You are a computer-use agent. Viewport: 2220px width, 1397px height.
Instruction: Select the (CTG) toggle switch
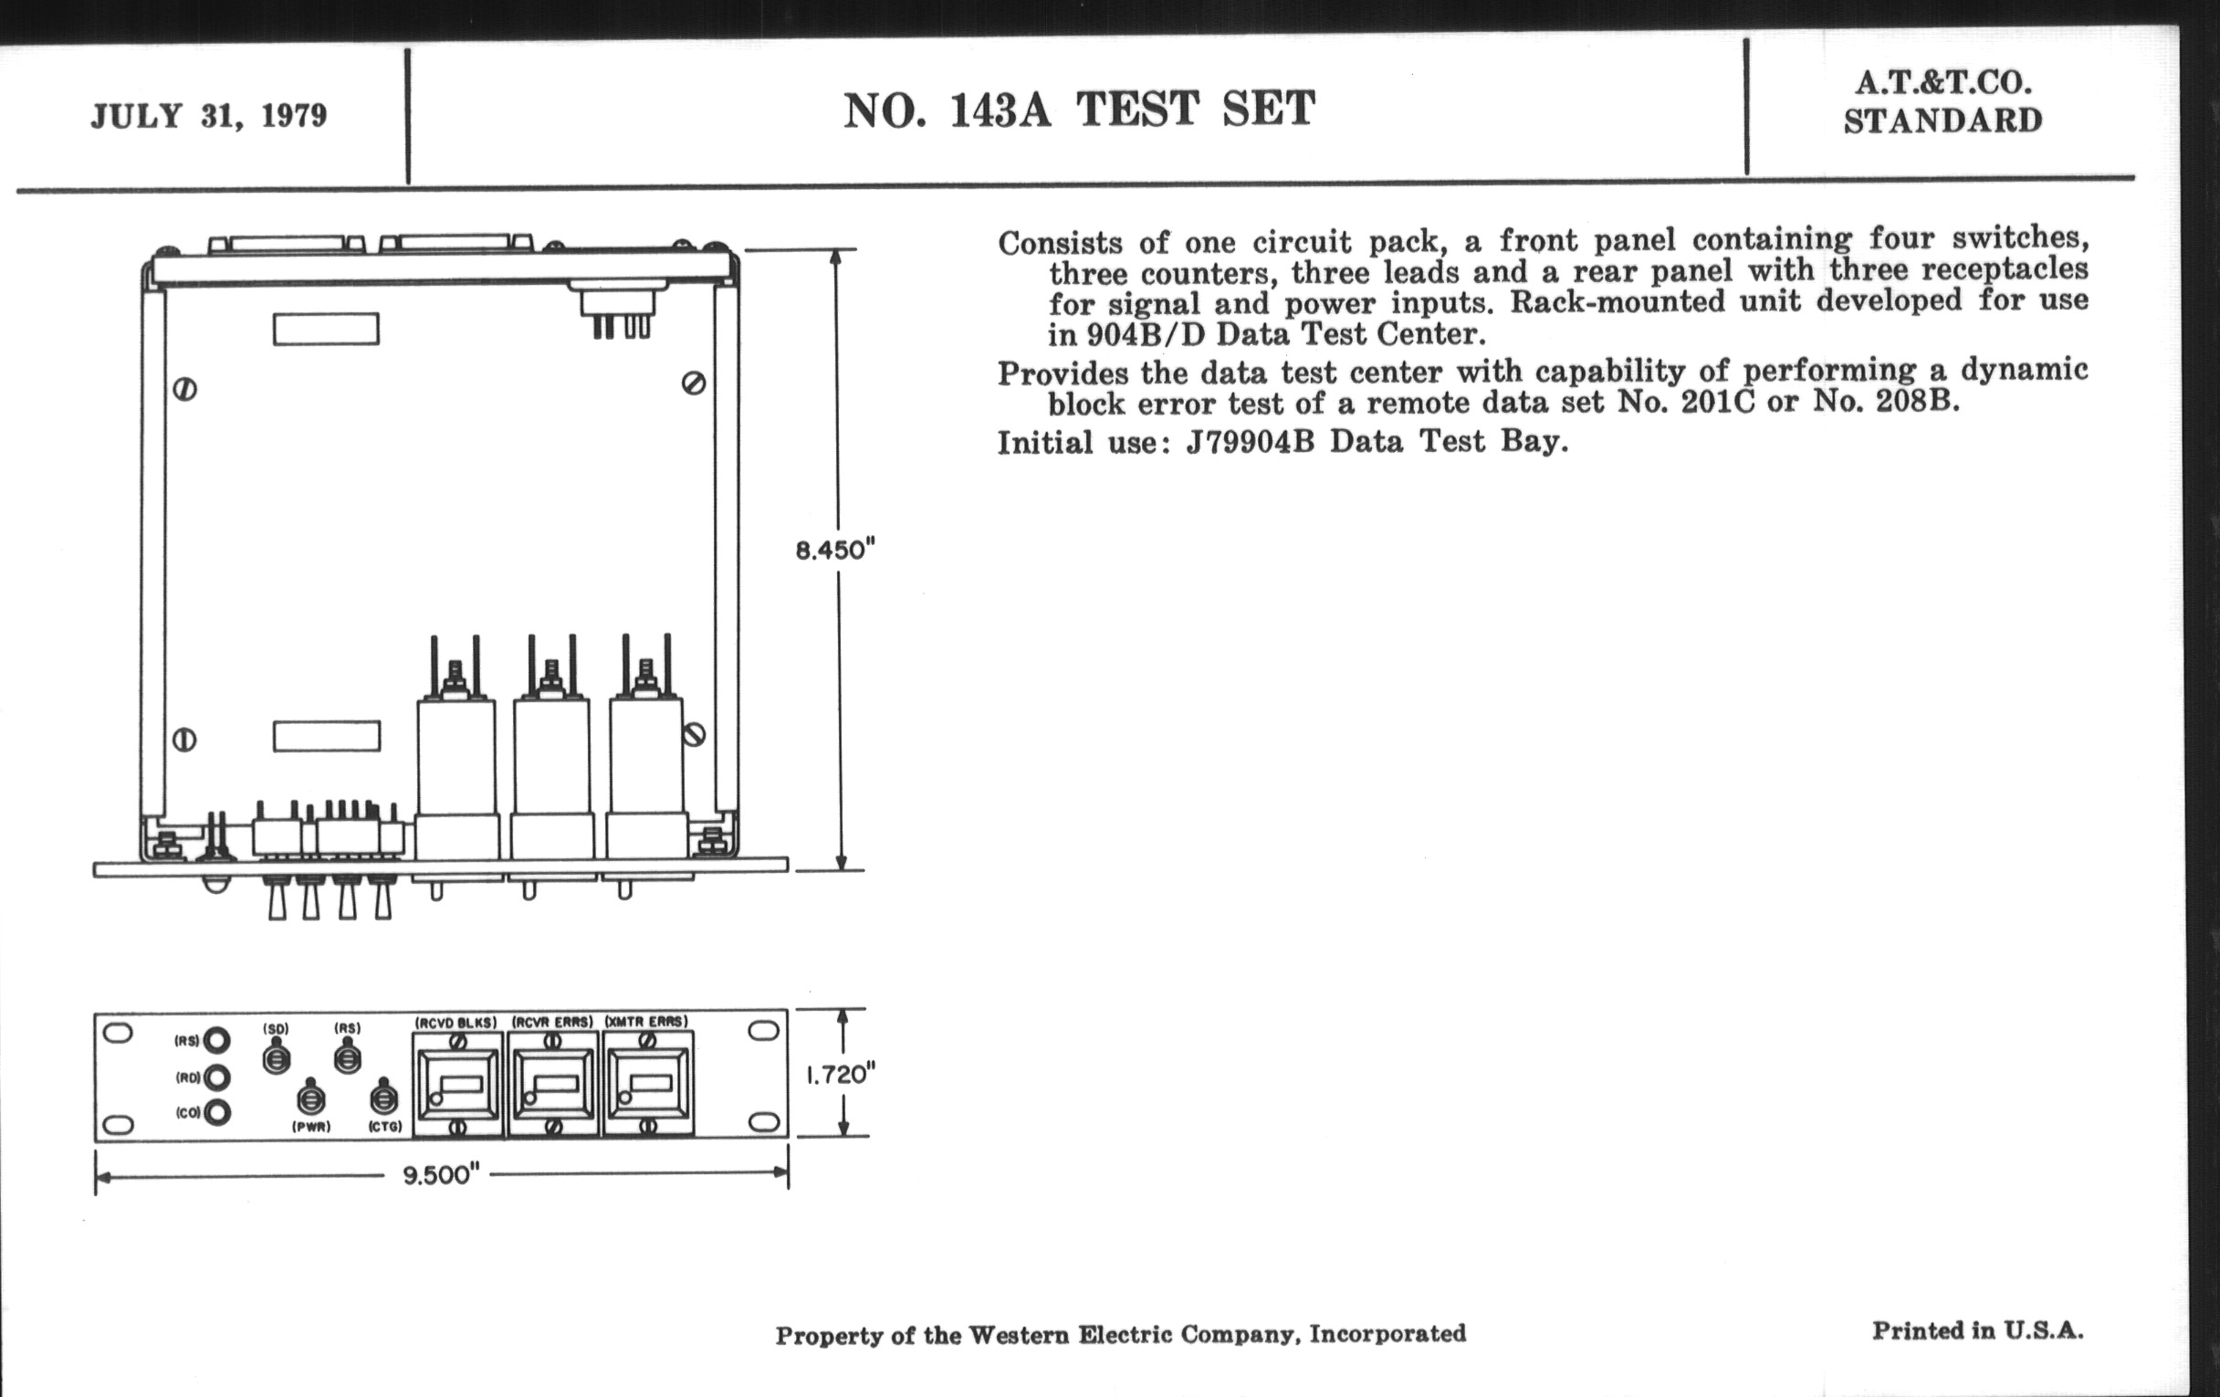point(383,1098)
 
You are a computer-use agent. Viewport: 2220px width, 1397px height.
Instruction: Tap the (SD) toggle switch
point(276,1056)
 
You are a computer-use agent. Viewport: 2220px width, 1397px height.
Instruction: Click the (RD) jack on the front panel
point(216,1077)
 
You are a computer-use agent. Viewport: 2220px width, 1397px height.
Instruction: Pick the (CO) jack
point(216,1113)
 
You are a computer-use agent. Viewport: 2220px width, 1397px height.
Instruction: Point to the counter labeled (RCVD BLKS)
point(457,1084)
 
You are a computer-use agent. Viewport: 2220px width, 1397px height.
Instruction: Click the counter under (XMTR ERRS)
point(648,1084)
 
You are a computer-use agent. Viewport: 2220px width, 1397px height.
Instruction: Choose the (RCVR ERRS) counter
point(553,1084)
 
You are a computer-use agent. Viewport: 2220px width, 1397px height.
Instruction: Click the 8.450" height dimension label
point(834,551)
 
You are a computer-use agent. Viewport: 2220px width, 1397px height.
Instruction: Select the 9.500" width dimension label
point(442,1176)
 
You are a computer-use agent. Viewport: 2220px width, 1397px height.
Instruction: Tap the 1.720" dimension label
point(840,1075)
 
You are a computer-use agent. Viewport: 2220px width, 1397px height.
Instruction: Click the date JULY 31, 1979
point(209,116)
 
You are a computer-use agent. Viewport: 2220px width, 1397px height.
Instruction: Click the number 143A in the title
point(1000,110)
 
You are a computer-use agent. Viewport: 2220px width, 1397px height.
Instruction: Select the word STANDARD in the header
point(1942,121)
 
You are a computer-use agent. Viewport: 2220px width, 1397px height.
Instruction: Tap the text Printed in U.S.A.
point(1977,1330)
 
